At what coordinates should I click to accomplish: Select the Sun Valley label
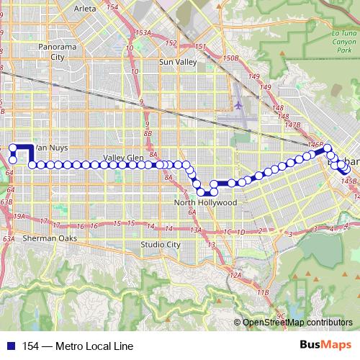click(x=177, y=63)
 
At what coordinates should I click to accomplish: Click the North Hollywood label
click(x=205, y=203)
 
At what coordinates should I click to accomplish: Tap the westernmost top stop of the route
click(x=13, y=148)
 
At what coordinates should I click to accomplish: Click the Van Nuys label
click(x=52, y=148)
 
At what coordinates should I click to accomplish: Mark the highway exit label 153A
click(x=143, y=33)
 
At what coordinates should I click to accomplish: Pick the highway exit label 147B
click(x=292, y=125)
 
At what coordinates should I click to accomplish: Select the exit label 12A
click(x=235, y=276)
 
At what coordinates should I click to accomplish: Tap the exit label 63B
click(x=6, y=202)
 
